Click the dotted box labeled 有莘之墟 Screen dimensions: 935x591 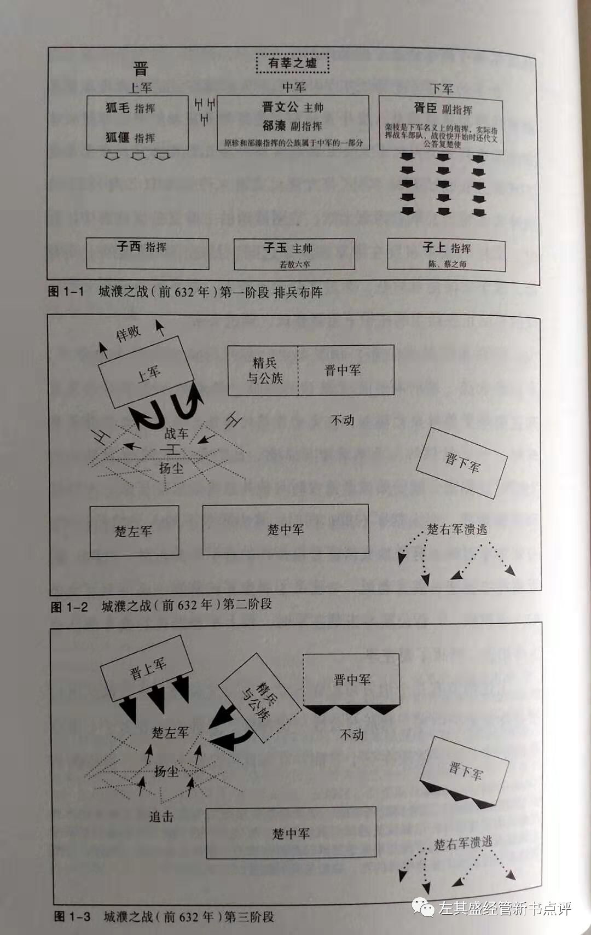point(293,63)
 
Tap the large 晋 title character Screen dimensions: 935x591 point(141,69)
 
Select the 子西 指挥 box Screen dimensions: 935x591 point(147,253)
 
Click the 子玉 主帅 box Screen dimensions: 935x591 point(294,254)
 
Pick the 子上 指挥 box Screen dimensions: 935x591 point(446,254)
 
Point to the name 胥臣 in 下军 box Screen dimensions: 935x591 point(425,108)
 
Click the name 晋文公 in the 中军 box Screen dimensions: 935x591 point(275,107)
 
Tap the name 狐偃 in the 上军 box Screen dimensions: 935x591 point(118,137)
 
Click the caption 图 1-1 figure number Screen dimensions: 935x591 point(66,292)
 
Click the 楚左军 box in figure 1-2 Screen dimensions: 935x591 point(134,531)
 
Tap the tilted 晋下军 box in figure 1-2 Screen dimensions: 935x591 point(461,463)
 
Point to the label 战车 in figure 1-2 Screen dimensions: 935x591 point(176,434)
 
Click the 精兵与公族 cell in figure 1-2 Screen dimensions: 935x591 point(263,370)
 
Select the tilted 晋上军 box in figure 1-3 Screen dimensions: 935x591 point(146,669)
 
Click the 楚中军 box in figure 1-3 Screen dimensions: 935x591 point(291,833)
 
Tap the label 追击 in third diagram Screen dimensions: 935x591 point(161,817)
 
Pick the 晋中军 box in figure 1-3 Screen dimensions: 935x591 point(351,680)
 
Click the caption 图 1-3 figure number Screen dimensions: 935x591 point(72,916)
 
